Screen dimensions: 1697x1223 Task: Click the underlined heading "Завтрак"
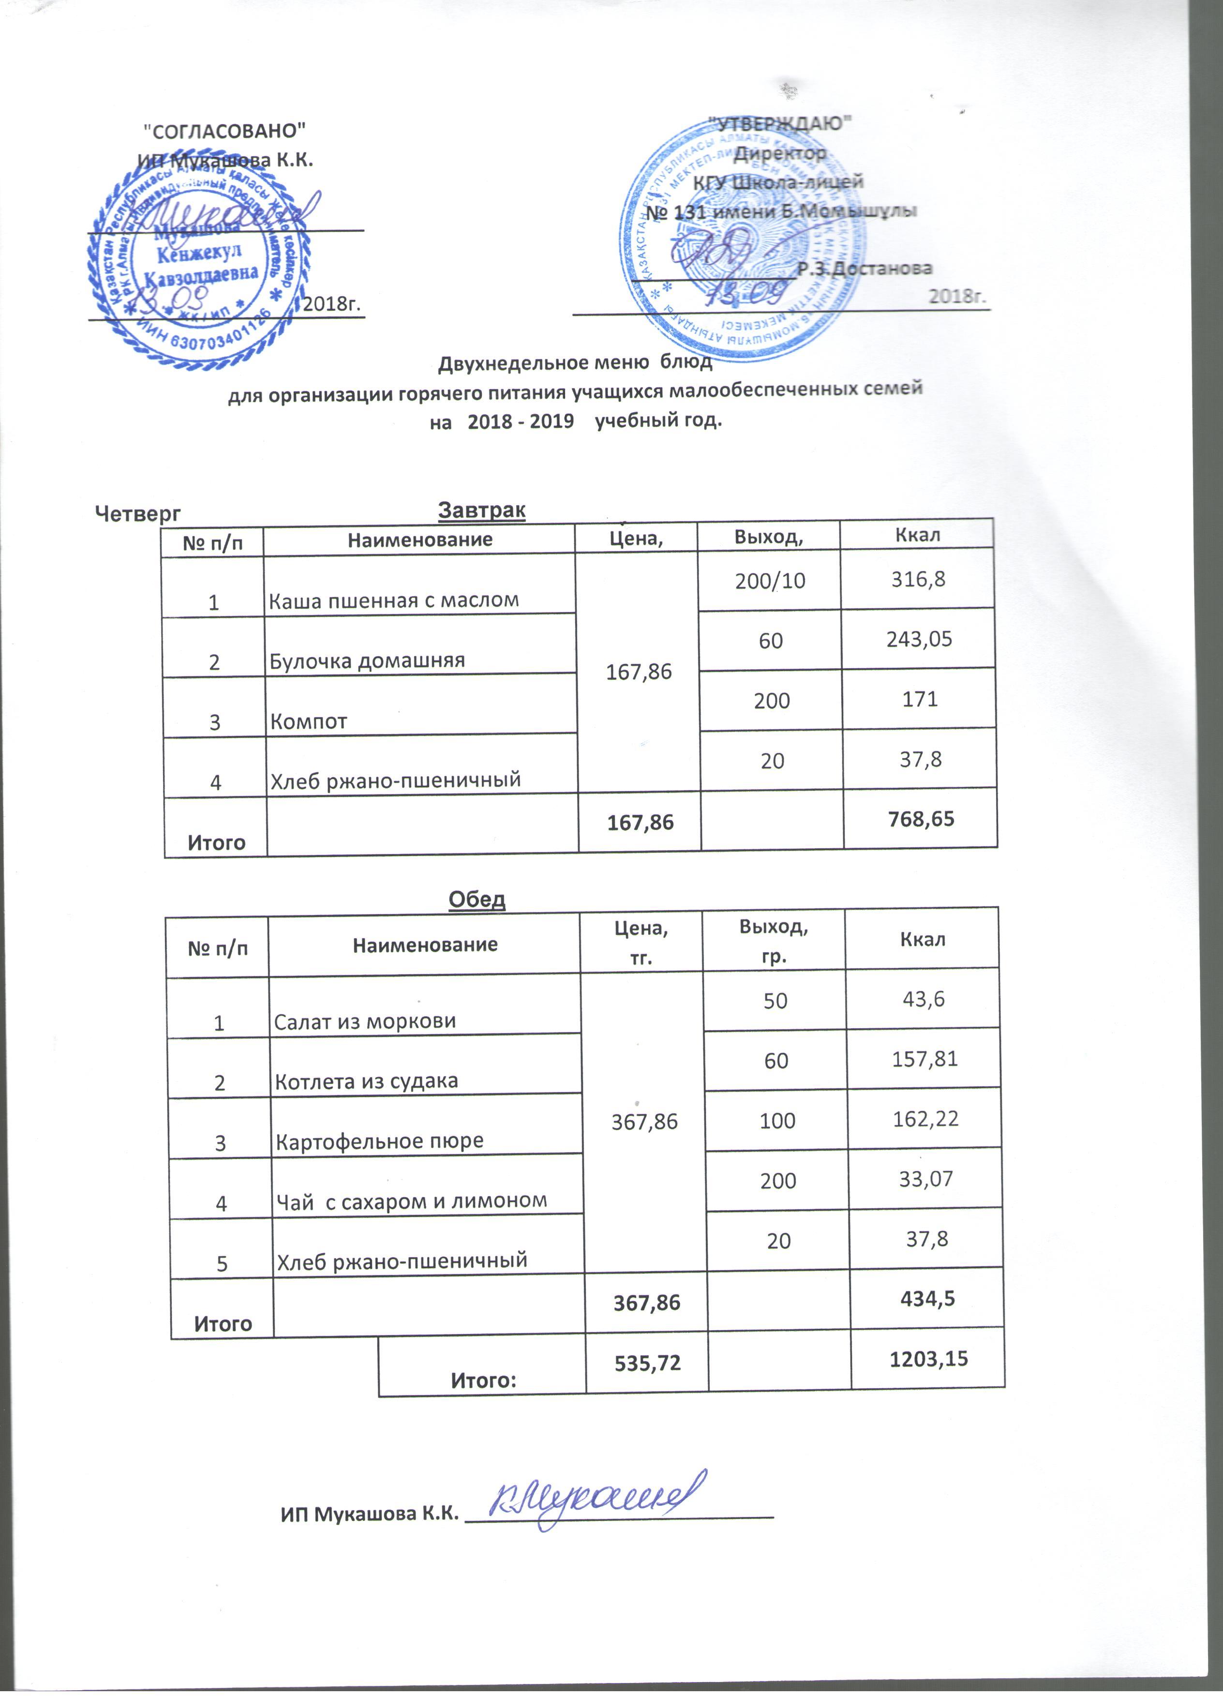[x=482, y=511]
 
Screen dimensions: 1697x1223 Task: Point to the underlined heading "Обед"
[x=477, y=899]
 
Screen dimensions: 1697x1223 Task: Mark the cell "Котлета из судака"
[x=367, y=1081]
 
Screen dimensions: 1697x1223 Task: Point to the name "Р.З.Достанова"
[x=865, y=269]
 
